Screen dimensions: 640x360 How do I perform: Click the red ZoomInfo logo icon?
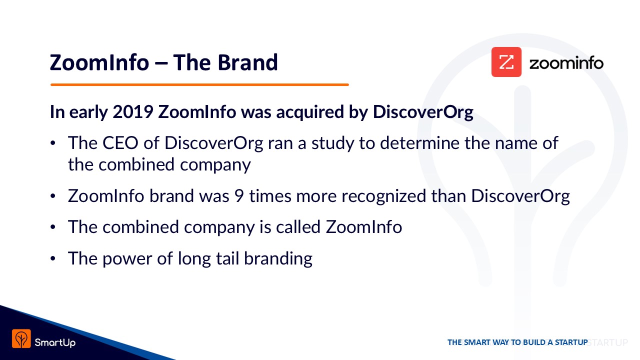point(506,62)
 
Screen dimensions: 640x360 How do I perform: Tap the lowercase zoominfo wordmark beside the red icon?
point(566,63)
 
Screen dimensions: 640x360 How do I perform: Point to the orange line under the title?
point(199,84)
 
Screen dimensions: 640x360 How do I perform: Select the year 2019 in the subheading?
point(133,111)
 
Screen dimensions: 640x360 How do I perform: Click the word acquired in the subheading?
point(309,112)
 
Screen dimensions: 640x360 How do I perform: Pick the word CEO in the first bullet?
point(120,143)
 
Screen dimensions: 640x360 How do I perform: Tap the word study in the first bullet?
point(333,143)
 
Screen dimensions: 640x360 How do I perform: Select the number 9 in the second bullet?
point(239,196)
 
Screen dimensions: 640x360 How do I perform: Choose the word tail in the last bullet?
point(227,258)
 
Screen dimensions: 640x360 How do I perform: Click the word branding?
point(278,259)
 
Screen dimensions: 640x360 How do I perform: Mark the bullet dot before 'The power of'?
point(53,258)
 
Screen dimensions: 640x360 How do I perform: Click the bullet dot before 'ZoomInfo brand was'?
point(53,196)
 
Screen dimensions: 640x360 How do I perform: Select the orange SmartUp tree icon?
point(21,338)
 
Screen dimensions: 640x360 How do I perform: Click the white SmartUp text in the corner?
point(55,342)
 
